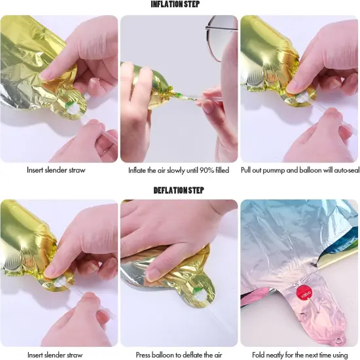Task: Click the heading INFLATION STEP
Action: (175, 4)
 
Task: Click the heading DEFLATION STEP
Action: (179, 190)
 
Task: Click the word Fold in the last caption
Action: (259, 355)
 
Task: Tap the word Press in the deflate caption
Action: (143, 355)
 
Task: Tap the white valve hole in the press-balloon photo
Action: (198, 298)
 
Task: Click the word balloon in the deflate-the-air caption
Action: (161, 355)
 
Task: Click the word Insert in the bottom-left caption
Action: (35, 355)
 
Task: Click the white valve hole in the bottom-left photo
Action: (60, 281)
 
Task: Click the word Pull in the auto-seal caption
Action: (245, 170)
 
